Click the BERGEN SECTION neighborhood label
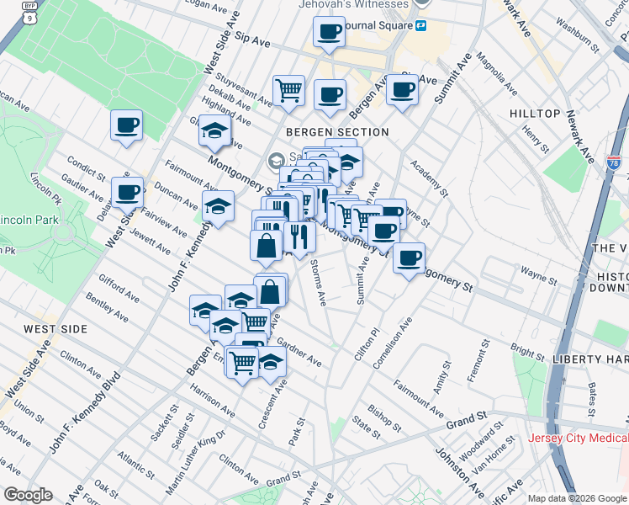click(336, 132)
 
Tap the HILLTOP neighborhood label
click(535, 114)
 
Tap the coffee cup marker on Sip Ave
click(329, 34)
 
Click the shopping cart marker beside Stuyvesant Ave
click(288, 91)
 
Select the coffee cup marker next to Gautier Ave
click(127, 194)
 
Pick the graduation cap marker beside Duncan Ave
click(218, 207)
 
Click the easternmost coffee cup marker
click(409, 259)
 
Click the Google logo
click(28, 494)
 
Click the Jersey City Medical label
click(577, 439)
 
